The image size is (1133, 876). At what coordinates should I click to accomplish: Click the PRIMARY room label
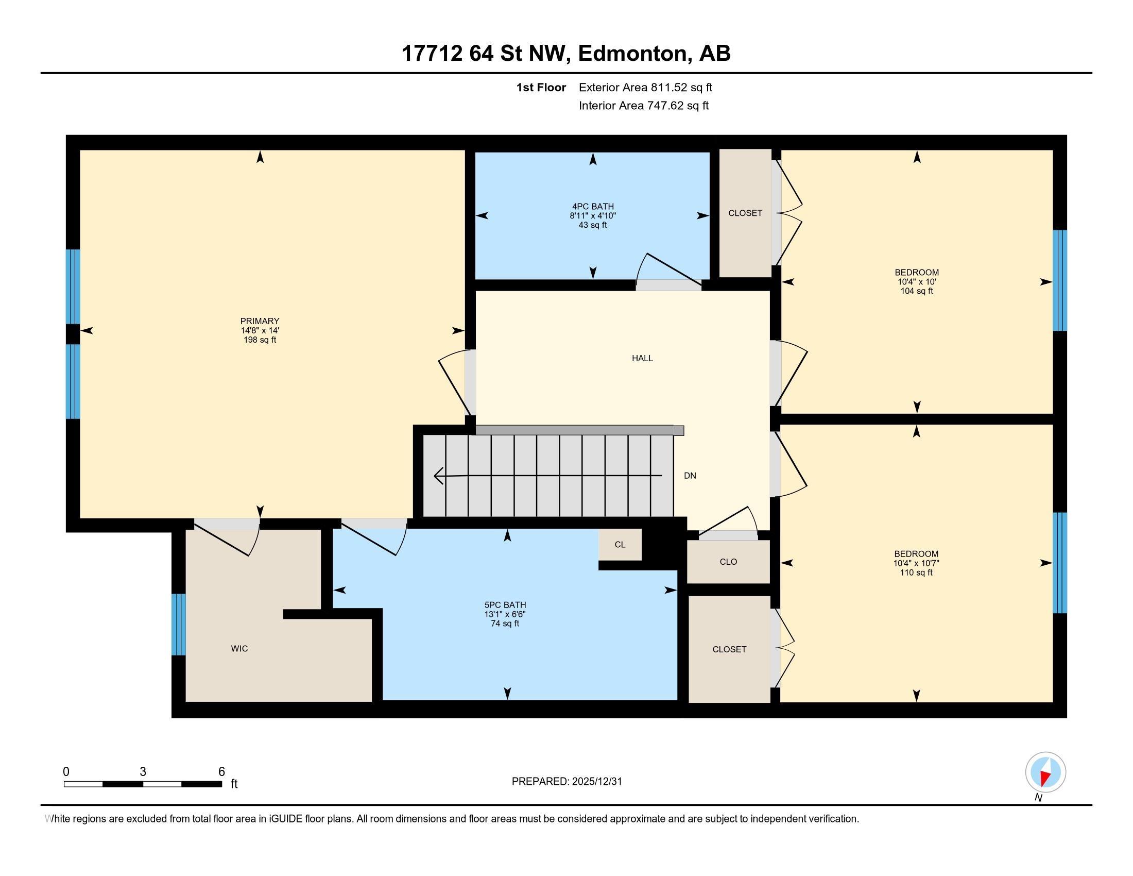point(260,321)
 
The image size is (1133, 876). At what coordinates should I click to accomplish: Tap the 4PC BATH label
point(593,207)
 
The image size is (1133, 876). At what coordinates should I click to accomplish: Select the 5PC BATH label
point(505,605)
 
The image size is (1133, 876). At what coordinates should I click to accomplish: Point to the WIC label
point(239,649)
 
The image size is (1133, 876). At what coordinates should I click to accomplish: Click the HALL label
point(642,358)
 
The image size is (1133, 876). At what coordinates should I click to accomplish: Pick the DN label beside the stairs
point(690,476)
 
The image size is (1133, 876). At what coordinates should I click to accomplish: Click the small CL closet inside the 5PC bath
point(620,544)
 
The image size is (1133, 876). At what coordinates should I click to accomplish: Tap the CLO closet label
point(728,562)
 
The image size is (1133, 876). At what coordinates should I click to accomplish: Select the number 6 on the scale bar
point(221,772)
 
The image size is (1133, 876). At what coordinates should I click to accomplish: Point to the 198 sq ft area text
point(260,340)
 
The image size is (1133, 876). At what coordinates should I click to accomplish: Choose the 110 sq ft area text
point(916,572)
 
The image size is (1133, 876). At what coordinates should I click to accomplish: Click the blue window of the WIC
point(179,625)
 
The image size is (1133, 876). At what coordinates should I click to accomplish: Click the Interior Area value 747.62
point(665,106)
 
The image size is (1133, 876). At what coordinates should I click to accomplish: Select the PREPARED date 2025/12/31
point(596,782)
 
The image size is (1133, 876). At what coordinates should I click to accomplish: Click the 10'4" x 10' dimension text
point(917,282)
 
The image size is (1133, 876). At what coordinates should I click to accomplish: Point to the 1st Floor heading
point(541,88)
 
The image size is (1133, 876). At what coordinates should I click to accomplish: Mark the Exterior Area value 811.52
point(669,88)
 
